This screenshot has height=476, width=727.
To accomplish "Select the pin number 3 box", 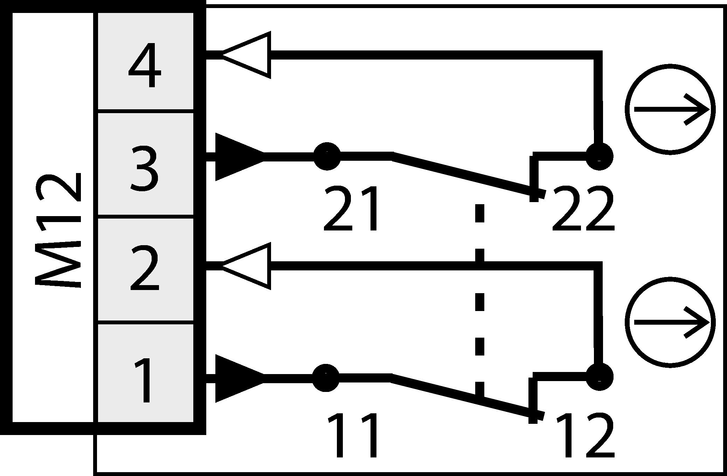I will tap(145, 165).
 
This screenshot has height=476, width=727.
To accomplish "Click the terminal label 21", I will tap(351, 209).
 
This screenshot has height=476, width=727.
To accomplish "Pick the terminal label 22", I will tap(583, 209).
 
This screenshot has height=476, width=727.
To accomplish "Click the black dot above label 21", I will tap(326, 156).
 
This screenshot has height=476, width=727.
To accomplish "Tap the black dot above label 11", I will tap(326, 378).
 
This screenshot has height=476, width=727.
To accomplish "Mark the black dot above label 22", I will tap(599, 156).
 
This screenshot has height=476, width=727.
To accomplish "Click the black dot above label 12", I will tap(599, 377).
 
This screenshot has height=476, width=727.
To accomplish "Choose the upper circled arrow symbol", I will tap(670, 109).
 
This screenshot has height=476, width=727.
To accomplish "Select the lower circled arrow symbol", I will tap(670, 322).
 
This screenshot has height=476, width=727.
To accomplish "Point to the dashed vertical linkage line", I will tap(479, 301).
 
